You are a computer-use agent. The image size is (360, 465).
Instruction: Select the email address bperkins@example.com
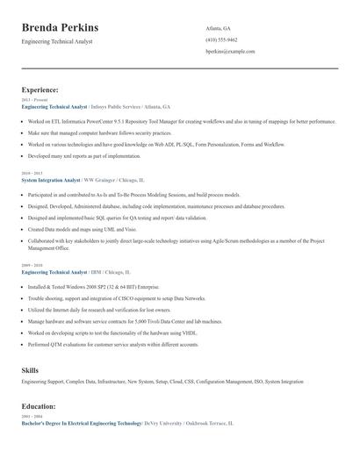tap(230, 51)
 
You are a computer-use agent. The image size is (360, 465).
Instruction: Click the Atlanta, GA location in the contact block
tap(219, 28)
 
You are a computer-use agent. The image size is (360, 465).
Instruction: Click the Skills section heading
tap(30, 370)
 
